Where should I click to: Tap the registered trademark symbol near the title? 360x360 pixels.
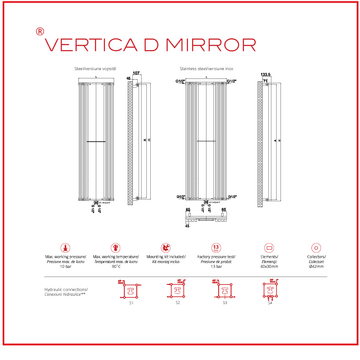[x=39, y=31]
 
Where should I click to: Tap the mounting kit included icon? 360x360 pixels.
[x=165, y=245]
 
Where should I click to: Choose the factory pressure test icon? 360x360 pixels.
[x=215, y=245]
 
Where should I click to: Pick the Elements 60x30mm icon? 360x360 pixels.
[x=268, y=245]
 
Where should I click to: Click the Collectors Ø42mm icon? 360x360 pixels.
[x=319, y=245]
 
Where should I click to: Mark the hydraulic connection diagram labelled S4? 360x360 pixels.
[x=270, y=291]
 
